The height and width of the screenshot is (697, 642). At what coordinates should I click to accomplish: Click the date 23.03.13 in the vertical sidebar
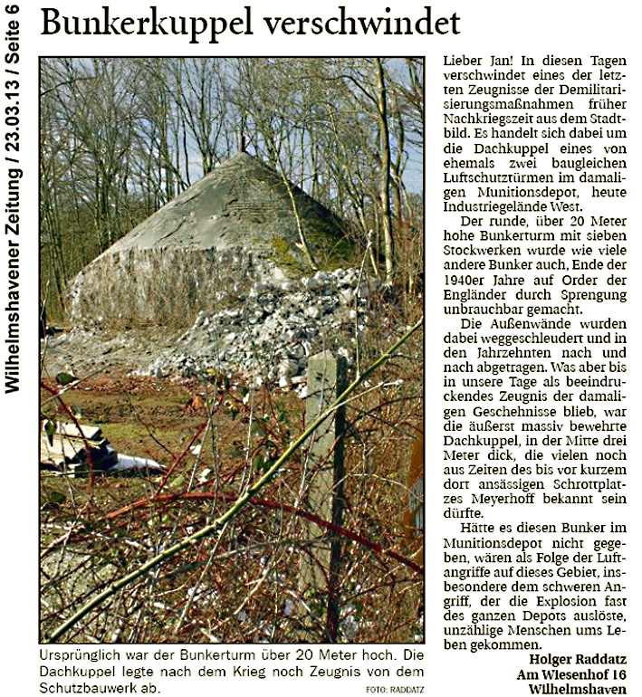pos(13,132)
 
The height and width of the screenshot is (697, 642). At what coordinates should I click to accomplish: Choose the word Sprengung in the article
pos(568,291)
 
